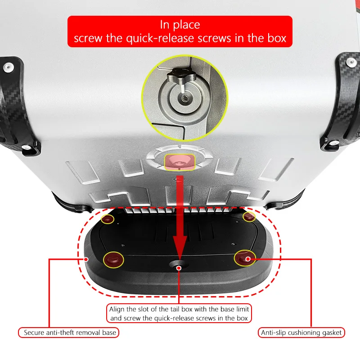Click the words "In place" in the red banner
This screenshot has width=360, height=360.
tap(180, 25)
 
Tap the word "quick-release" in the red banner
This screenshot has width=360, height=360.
tap(161, 38)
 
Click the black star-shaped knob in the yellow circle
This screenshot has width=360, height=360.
tap(181, 75)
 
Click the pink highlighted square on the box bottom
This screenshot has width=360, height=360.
tap(180, 162)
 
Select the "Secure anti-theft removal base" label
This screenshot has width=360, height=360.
tap(69, 333)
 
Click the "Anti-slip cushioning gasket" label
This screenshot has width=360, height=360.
tap(301, 333)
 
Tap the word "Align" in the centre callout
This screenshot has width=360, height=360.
tap(117, 309)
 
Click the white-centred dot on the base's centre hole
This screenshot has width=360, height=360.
tap(179, 268)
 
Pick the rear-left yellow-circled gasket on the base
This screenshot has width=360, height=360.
tap(108, 219)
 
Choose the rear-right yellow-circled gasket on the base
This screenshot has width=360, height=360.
tap(249, 216)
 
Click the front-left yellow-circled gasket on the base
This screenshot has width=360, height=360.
tap(113, 260)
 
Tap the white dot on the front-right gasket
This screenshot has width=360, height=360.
tap(248, 259)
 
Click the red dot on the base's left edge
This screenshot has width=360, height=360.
tap(86, 260)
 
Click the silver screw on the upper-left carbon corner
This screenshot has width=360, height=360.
tap(8, 67)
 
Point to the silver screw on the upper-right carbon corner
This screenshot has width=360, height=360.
tap(351, 62)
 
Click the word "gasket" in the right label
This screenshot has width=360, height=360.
tap(330, 333)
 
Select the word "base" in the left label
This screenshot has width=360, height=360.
tap(109, 333)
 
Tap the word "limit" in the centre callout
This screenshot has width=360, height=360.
tap(243, 309)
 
